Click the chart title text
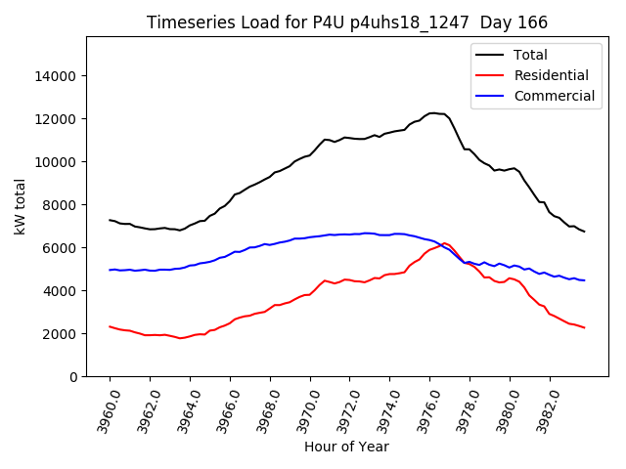347,22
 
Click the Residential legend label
552,75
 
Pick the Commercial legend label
555,96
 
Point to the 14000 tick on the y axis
56,76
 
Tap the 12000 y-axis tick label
56,119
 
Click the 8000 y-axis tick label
60,205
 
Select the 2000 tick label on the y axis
60,334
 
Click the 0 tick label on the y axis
73,377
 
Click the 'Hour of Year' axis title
346,447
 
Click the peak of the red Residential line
444,243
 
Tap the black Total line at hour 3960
110,220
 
